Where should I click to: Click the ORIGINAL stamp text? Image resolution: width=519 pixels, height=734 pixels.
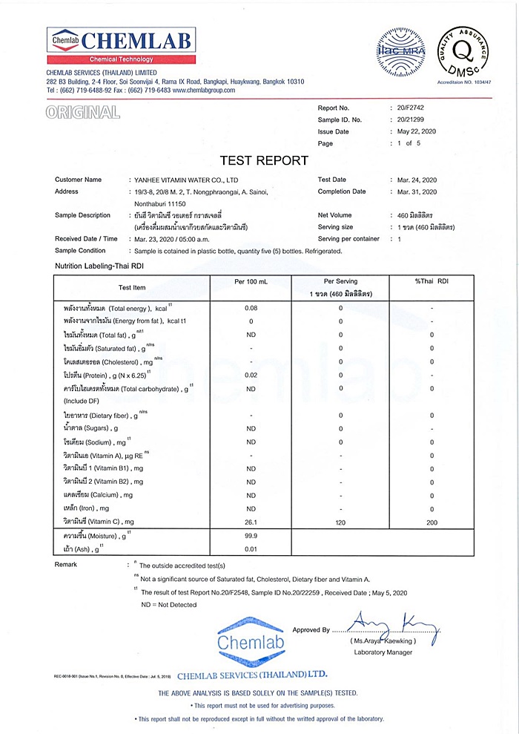[x=82, y=113]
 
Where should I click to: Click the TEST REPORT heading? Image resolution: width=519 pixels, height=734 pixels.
[x=264, y=160]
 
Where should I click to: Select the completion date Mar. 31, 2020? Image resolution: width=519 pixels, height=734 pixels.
[x=417, y=191]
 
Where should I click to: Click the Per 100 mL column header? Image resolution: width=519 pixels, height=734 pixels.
[x=251, y=282]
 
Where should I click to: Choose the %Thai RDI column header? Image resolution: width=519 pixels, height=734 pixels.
[x=432, y=282]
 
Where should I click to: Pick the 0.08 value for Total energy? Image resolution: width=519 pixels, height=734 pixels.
[x=251, y=308]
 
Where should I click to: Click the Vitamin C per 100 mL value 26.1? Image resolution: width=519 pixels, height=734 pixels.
[x=251, y=522]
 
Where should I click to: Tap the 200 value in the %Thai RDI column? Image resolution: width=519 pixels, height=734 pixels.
[x=432, y=522]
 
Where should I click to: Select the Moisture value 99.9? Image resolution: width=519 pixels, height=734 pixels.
[x=251, y=535]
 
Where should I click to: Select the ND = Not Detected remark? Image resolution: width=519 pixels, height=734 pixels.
[x=169, y=605]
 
